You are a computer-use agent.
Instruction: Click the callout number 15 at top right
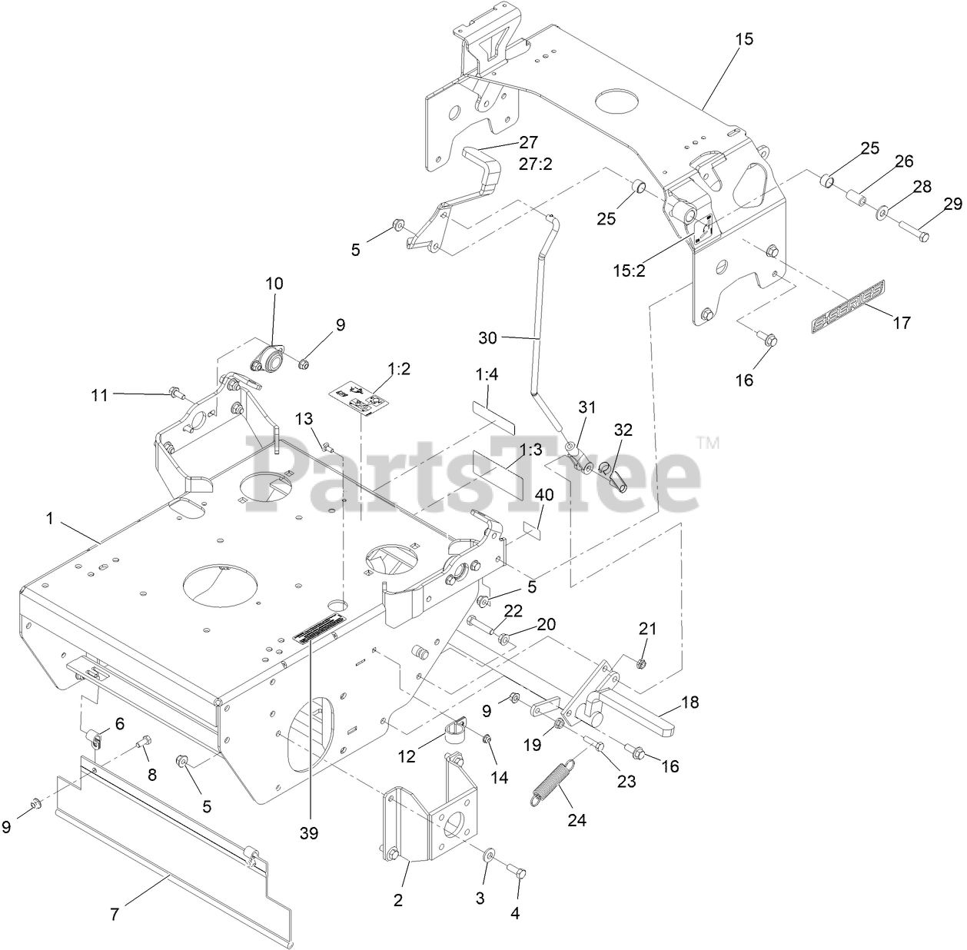tap(744, 38)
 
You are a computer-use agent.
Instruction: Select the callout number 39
tap(310, 833)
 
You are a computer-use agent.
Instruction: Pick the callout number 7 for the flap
tap(115, 915)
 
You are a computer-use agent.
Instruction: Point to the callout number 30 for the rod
tap(488, 337)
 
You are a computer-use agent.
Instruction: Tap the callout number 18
tap(690, 702)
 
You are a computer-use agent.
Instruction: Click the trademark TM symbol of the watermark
tap(707, 442)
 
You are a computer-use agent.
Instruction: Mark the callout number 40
tap(543, 496)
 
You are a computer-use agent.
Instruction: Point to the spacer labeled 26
tap(854, 200)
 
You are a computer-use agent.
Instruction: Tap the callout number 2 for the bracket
tap(398, 900)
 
